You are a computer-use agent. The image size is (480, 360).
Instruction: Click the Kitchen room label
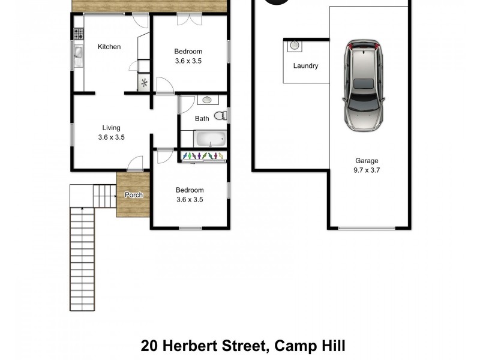click(x=109, y=47)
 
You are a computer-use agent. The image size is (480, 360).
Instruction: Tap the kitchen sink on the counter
click(x=78, y=53)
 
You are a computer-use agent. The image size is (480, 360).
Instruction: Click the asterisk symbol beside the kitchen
click(x=144, y=84)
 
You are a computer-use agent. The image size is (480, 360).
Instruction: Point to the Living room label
click(x=111, y=128)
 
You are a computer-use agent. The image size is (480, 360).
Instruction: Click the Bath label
click(x=202, y=119)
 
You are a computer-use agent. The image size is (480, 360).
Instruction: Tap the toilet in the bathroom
click(x=220, y=115)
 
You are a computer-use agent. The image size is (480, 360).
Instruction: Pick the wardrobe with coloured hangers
click(x=204, y=156)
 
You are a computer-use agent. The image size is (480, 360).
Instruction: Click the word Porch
click(x=133, y=195)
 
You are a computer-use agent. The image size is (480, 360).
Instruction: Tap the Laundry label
click(x=305, y=66)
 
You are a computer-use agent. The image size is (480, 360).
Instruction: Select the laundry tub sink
click(x=294, y=45)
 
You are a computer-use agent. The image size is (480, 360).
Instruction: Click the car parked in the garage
click(x=362, y=85)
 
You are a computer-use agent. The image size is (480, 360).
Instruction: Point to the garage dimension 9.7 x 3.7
click(x=367, y=170)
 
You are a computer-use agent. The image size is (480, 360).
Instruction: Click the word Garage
click(x=367, y=161)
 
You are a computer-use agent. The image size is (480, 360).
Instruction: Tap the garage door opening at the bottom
click(x=367, y=228)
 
